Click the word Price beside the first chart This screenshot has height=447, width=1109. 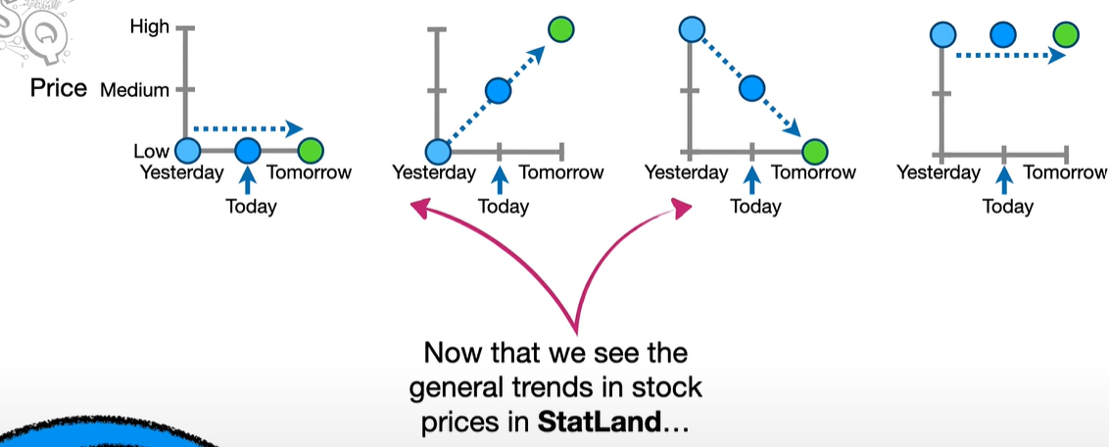click(x=59, y=89)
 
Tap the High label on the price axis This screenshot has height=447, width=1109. click(x=149, y=27)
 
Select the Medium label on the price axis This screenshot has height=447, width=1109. click(x=134, y=90)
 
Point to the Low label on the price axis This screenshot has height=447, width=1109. click(x=151, y=151)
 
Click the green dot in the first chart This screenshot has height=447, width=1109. click(x=311, y=151)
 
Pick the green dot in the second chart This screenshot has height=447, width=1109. click(x=560, y=29)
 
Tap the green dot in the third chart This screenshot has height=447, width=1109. click(x=815, y=151)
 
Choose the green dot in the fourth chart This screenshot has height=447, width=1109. click(x=1066, y=34)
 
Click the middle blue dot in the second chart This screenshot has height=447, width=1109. click(x=499, y=90)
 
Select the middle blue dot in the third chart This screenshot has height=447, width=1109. click(x=751, y=88)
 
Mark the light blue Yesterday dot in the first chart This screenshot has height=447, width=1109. click(x=187, y=151)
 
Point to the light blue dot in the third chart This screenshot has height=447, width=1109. click(x=691, y=29)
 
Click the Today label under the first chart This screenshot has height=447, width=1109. click(x=251, y=207)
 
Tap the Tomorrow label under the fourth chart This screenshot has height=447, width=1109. click(x=1066, y=172)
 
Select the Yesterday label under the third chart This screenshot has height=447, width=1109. click(x=686, y=172)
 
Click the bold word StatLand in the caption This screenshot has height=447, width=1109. click(x=599, y=422)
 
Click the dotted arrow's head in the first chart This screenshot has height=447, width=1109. click(x=294, y=128)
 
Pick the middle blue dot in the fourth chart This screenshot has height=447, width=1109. click(x=1003, y=34)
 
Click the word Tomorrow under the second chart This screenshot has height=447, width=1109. click(x=561, y=172)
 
